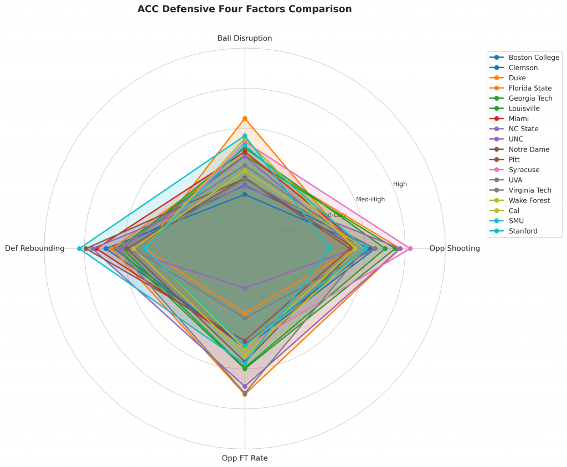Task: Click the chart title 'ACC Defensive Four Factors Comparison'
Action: click(244, 9)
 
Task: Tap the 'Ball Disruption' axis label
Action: click(245, 38)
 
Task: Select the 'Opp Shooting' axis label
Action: click(454, 248)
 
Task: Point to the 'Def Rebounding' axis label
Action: click(34, 248)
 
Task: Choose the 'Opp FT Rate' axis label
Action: click(245, 458)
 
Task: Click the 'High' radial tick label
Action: click(400, 184)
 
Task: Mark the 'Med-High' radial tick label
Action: click(370, 199)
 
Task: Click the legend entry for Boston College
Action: click(534, 58)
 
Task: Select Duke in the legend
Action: click(517, 78)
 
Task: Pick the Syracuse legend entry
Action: click(524, 170)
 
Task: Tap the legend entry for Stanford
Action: click(523, 231)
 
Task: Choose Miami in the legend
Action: click(518, 119)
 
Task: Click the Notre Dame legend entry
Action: click(529, 149)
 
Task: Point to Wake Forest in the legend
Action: click(529, 200)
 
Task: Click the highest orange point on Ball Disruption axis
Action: click(245, 118)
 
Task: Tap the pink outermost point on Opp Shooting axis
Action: click(410, 248)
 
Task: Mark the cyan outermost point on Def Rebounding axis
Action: click(80, 248)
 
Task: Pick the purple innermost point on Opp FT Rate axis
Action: click(245, 288)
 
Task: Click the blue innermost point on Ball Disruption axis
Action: click(245, 194)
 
